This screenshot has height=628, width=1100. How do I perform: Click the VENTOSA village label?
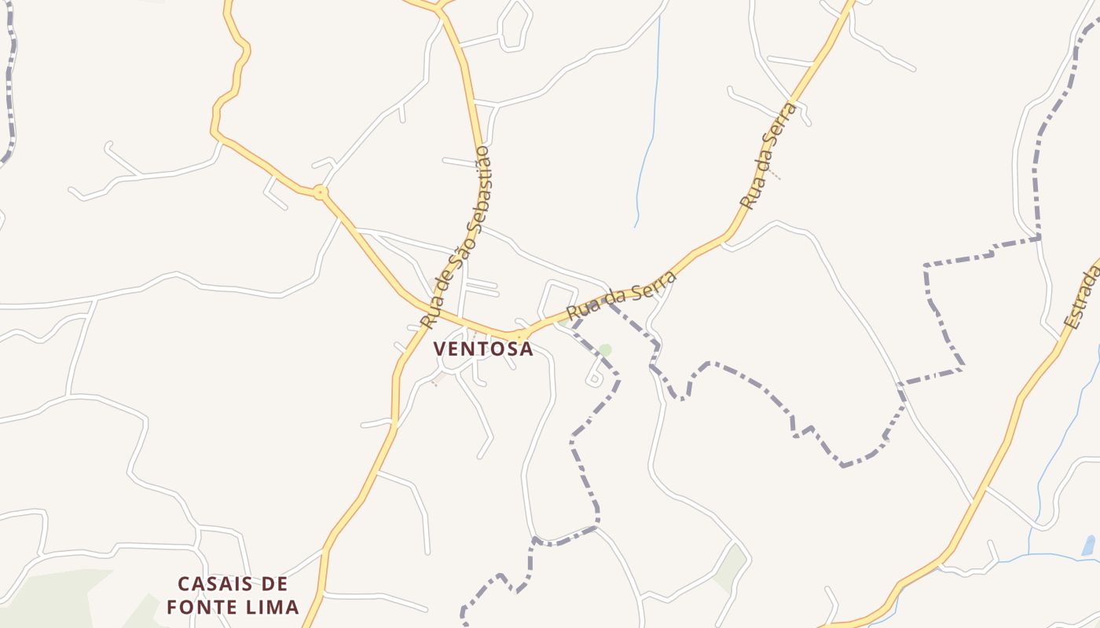point(483,349)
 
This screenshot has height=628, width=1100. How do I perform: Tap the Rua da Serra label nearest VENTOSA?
point(621,295)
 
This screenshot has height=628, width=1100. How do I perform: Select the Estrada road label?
point(1083,294)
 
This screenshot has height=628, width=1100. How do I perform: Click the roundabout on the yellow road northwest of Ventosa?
point(320,192)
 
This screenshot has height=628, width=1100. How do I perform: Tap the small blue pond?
point(1088,545)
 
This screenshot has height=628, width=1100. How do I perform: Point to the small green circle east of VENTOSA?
point(605,349)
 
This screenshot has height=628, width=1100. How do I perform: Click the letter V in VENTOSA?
point(440,349)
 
